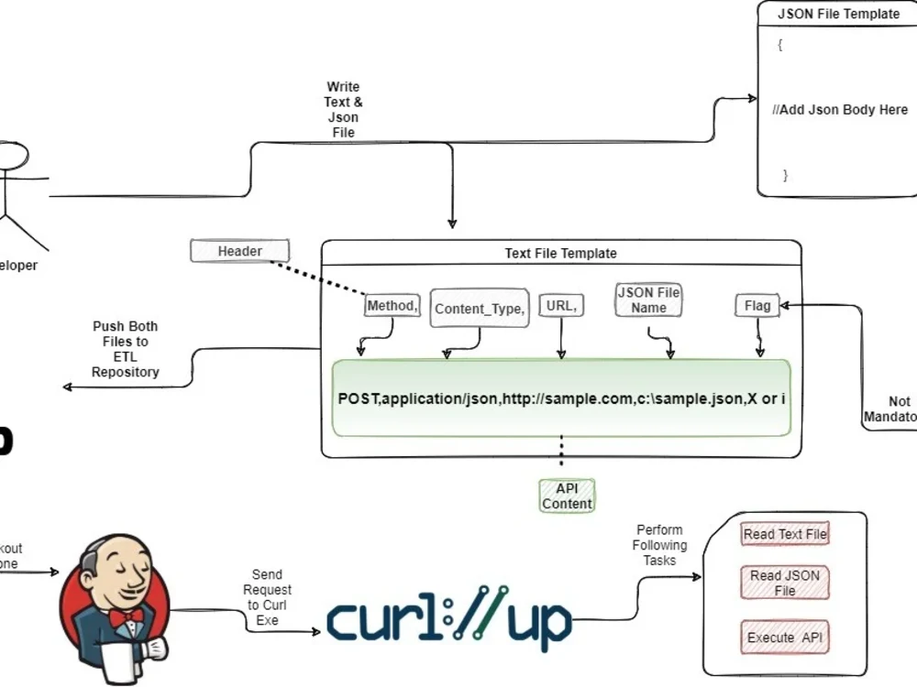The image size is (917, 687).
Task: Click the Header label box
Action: pyautogui.click(x=240, y=251)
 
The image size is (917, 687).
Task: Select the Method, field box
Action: pyautogui.click(x=392, y=306)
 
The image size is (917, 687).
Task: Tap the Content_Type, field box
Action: pyautogui.click(x=480, y=309)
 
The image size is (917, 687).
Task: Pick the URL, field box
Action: pyautogui.click(x=561, y=307)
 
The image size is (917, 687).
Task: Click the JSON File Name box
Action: pyautogui.click(x=648, y=300)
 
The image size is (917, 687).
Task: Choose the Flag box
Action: pyautogui.click(x=757, y=306)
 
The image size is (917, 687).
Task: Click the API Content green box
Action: pyautogui.click(x=567, y=496)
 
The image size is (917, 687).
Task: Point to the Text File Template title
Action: pyautogui.click(x=560, y=254)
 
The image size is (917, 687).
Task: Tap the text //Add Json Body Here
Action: pyautogui.click(x=840, y=110)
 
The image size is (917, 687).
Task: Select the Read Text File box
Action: pyautogui.click(x=785, y=534)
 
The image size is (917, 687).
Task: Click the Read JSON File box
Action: pyautogui.click(x=785, y=583)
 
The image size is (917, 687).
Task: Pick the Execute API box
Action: pyautogui.click(x=785, y=638)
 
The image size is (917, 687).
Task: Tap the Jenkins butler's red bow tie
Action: pyautogui.click(x=125, y=616)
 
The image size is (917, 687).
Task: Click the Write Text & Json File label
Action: pyautogui.click(x=343, y=110)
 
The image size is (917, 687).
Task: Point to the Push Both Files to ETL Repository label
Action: pyautogui.click(x=125, y=349)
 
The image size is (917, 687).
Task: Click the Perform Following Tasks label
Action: pyautogui.click(x=659, y=545)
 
